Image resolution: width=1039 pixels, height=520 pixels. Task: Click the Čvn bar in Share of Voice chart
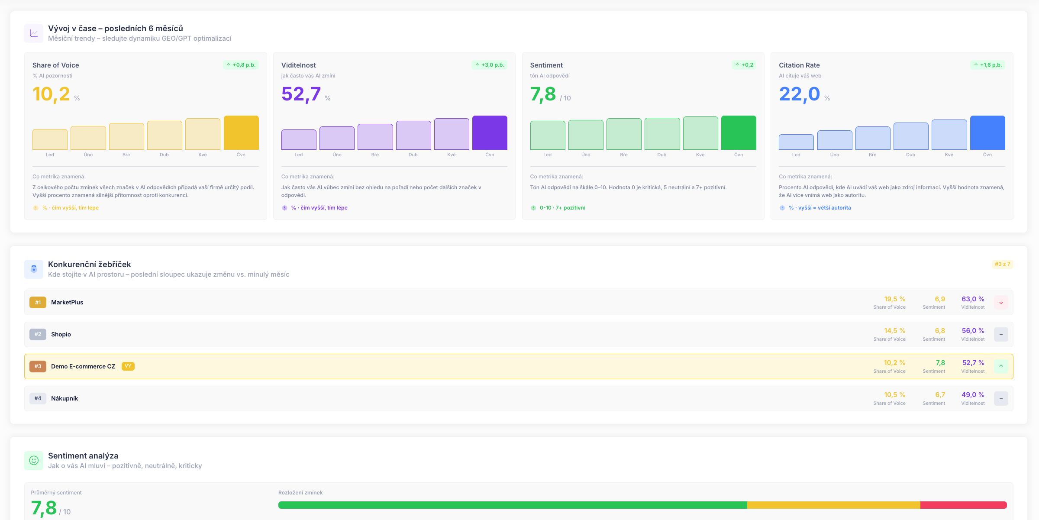coord(241,132)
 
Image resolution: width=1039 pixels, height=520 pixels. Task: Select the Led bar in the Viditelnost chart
coord(299,139)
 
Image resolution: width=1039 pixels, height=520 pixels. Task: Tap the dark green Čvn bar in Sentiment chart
coord(739,132)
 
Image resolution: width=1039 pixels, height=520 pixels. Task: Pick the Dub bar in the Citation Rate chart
coord(911,136)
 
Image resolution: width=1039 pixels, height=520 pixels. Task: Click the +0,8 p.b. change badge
coord(241,65)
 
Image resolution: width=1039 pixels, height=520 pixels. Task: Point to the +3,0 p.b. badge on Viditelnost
coord(489,65)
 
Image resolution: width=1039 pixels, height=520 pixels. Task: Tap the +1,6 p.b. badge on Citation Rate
coord(987,65)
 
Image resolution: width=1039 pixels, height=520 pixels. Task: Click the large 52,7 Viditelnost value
coord(301,94)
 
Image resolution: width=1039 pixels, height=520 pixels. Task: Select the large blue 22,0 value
coord(799,94)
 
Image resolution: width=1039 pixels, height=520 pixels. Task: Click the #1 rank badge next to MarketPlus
coord(38,303)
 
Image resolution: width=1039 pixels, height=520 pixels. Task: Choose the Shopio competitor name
coord(61,334)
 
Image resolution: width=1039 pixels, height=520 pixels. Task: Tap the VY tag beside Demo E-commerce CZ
coord(128,366)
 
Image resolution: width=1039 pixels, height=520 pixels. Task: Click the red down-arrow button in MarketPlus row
coord(1001,303)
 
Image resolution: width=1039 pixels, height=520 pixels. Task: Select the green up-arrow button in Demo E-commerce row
coord(1001,366)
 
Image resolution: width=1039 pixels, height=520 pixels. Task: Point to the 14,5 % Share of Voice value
coord(894,331)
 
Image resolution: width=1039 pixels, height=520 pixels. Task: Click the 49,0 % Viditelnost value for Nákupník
coord(973,395)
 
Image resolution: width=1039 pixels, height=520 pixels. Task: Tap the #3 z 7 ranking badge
coord(1002,264)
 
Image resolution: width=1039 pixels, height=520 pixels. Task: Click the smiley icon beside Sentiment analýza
coord(34,460)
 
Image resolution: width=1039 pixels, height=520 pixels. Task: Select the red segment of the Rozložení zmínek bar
coord(963,505)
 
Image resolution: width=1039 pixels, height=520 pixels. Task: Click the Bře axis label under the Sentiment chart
coord(624,155)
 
